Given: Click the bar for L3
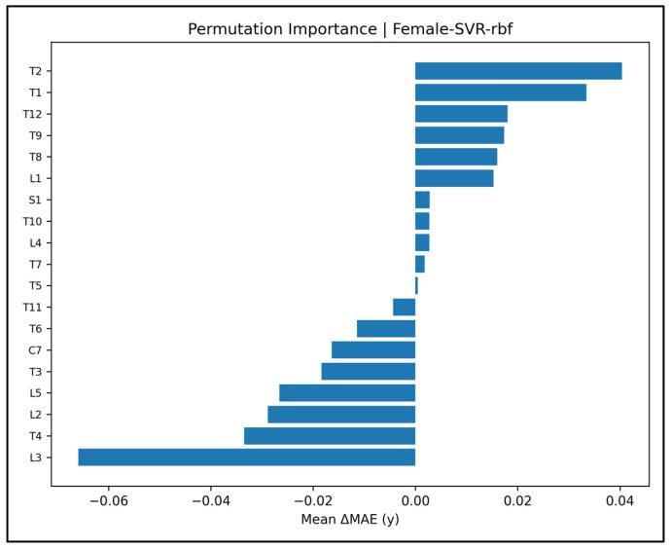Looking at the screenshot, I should tap(246, 457).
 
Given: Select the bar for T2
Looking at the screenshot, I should tap(518, 71).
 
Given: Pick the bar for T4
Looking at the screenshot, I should tap(330, 436).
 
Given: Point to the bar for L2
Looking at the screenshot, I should tap(341, 415).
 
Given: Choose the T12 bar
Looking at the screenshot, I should tap(461, 114).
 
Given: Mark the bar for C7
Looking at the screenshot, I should tap(373, 350).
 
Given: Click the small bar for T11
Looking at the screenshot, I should tap(405, 308).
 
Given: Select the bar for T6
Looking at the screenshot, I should tap(386, 329).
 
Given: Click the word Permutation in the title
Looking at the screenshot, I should tap(230, 29).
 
